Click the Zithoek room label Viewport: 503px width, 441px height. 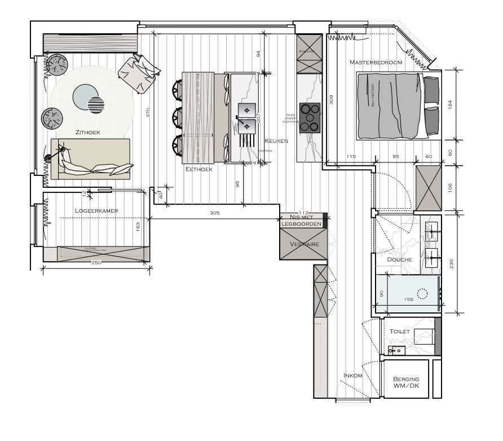click(x=88, y=132)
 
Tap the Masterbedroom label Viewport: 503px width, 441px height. click(x=376, y=62)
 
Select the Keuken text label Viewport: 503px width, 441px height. click(x=276, y=141)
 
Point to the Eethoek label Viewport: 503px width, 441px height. click(x=198, y=169)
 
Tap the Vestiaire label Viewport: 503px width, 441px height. click(x=305, y=244)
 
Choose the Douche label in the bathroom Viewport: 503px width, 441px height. click(x=400, y=259)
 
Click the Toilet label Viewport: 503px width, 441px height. click(x=400, y=332)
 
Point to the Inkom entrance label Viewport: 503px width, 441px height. click(x=353, y=375)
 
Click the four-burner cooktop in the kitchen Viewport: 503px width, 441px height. click(x=309, y=117)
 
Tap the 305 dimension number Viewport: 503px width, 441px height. click(x=214, y=213)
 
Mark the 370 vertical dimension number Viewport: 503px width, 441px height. click(x=148, y=112)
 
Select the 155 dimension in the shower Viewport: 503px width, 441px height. click(x=409, y=299)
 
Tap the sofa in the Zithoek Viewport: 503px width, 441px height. click(x=90, y=159)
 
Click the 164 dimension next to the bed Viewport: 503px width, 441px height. click(x=450, y=104)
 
